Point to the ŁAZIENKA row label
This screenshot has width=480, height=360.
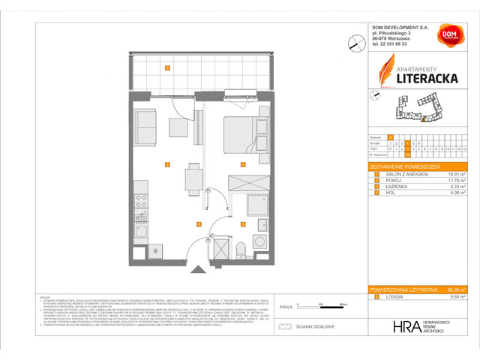click(396, 186)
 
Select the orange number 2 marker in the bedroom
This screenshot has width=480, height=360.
click(242, 164)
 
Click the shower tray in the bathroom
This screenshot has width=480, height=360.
click(256, 204)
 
